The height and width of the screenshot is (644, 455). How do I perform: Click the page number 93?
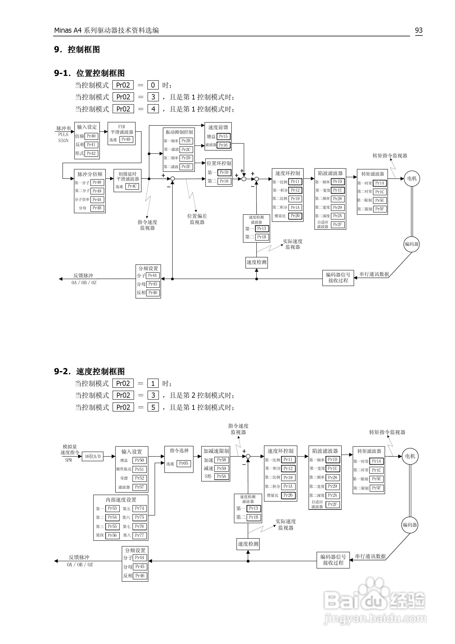(x=418, y=30)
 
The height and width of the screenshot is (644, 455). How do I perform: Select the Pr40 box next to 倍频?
(x=91, y=136)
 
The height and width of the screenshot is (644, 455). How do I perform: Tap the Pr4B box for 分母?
(x=97, y=208)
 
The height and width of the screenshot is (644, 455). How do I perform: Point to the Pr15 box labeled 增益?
(x=223, y=137)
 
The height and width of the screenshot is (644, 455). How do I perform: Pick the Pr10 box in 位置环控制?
(x=224, y=172)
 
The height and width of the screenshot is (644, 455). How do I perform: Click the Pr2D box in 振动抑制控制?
(x=186, y=158)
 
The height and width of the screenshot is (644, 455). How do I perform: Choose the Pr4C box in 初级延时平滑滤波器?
(x=132, y=186)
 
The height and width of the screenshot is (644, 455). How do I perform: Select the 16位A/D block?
(x=93, y=457)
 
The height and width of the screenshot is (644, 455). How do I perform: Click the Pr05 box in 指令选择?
(x=184, y=463)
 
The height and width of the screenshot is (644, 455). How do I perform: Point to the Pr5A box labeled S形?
(x=222, y=476)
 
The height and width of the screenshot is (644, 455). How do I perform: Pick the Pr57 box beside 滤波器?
(x=139, y=487)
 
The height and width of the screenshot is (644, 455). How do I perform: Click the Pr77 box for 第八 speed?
(x=139, y=535)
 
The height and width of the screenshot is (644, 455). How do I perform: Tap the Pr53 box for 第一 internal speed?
(x=112, y=508)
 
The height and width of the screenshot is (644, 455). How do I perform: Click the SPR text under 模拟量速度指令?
(x=69, y=460)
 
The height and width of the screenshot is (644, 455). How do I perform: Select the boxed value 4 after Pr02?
(x=153, y=109)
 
